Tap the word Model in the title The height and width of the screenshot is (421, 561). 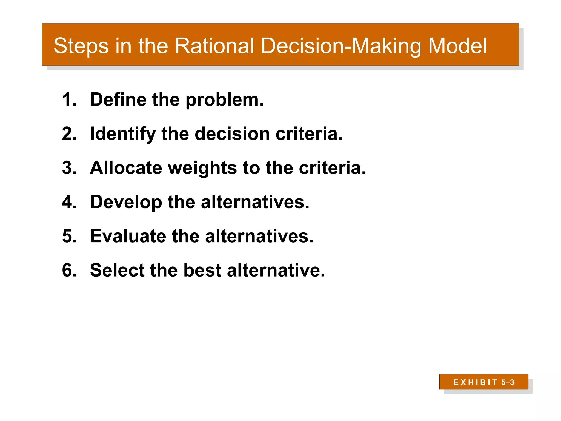(457, 46)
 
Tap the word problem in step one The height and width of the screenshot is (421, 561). (224, 100)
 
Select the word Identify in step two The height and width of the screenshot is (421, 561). (123, 134)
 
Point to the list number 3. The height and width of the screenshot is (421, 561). (69, 168)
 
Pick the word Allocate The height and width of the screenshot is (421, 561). (126, 168)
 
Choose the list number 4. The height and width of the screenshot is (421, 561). (69, 202)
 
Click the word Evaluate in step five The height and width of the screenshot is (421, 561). (128, 236)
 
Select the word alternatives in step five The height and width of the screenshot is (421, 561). (259, 236)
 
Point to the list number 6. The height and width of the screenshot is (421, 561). (69, 270)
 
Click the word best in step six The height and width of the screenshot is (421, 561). (202, 270)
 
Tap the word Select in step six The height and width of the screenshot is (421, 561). (117, 270)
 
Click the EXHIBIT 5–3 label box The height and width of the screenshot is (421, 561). (483, 382)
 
